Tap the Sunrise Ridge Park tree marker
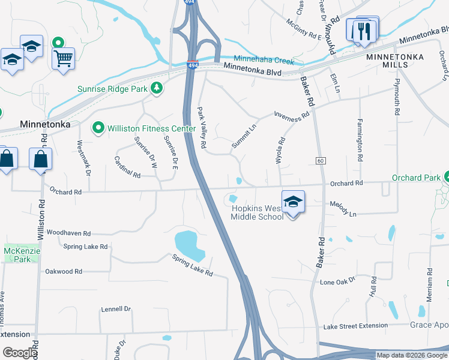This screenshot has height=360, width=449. [157, 89]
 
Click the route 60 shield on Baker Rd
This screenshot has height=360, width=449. [320, 160]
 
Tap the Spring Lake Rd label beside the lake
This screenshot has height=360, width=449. [192, 265]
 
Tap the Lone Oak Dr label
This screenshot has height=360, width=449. [338, 281]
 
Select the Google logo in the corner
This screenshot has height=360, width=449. [20, 353]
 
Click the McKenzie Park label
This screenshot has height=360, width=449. [17, 254]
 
